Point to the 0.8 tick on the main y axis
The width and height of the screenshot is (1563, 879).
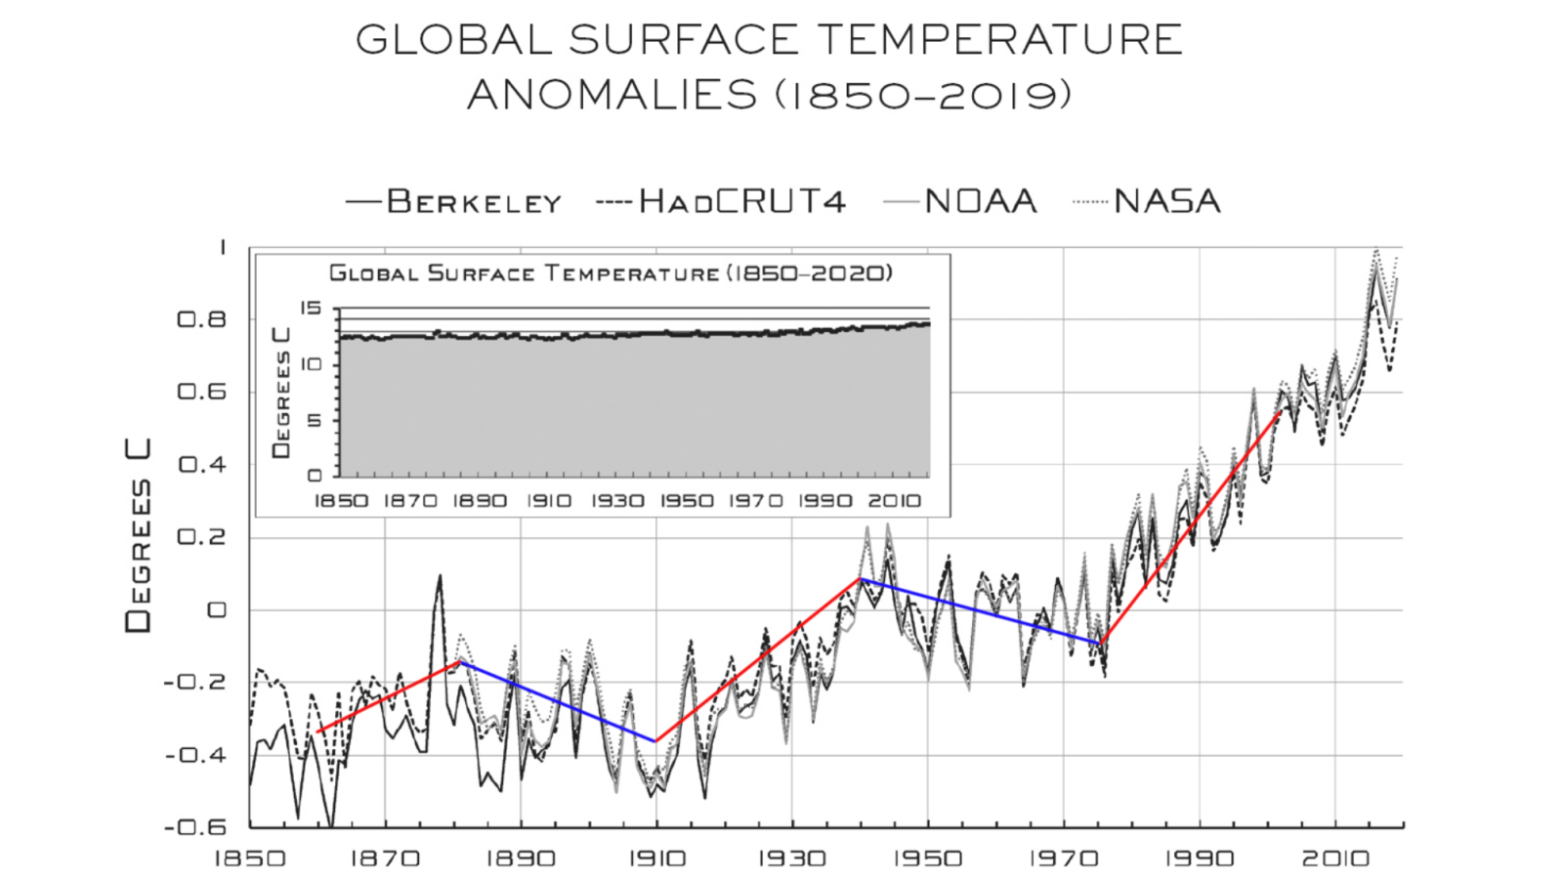[x=201, y=319]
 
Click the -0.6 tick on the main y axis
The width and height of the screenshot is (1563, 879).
[x=195, y=827]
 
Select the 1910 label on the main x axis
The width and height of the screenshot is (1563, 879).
[x=656, y=859]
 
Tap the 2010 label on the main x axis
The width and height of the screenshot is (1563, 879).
[x=1334, y=859]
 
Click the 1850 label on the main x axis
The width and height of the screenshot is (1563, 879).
[x=250, y=859]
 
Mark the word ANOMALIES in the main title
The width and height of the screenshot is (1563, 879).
[x=613, y=96]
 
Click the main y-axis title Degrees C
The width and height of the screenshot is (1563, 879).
[x=139, y=535]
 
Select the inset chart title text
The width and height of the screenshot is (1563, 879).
[x=611, y=273]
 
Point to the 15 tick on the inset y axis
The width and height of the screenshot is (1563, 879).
[x=311, y=309]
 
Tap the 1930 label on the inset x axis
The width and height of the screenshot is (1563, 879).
[x=617, y=501]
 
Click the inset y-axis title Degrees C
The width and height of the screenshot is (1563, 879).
[x=281, y=393]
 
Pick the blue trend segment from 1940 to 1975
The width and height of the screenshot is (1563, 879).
[x=981, y=610]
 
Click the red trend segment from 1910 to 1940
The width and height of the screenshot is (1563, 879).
[x=757, y=660]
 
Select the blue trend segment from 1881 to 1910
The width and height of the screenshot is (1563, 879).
[x=557, y=701]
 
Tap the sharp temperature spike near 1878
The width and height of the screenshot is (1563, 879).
[x=440, y=578]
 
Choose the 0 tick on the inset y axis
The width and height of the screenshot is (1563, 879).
[x=315, y=476]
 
